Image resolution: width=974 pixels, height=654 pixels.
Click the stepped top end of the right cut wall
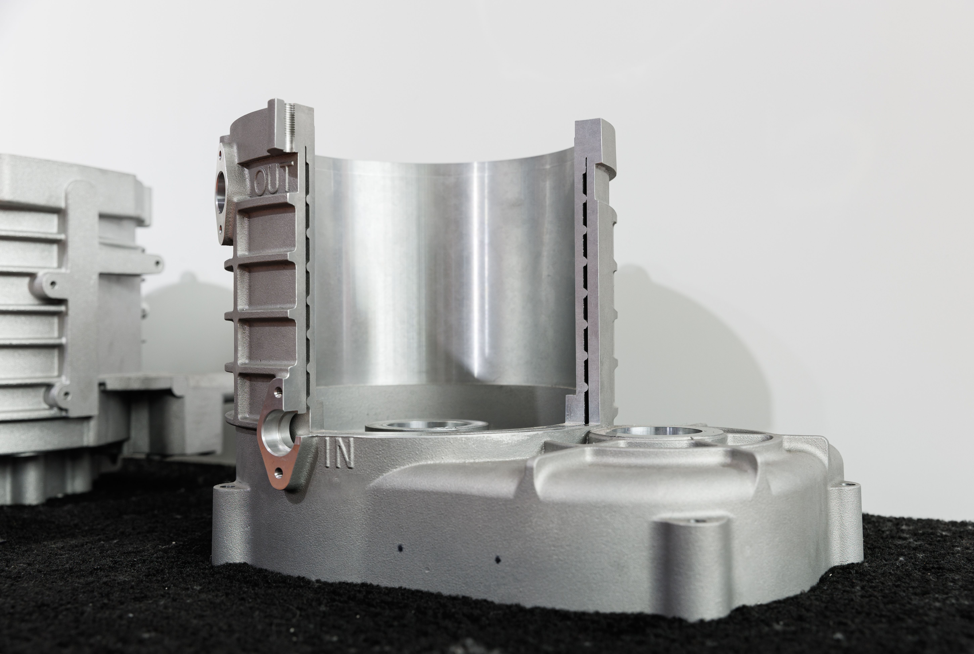[x=596, y=142]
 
